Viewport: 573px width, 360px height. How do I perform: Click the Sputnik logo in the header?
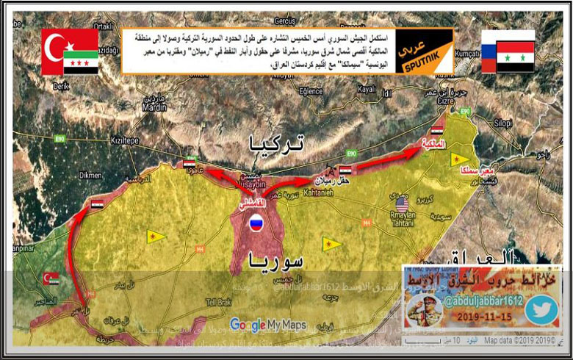[x=424, y=52]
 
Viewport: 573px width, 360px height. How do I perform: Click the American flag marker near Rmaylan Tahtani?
[x=402, y=201]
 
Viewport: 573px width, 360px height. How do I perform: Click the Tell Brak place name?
[x=218, y=302]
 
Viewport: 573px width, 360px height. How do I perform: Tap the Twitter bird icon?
[x=541, y=308]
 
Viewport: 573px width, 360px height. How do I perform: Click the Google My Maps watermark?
[x=267, y=323]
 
